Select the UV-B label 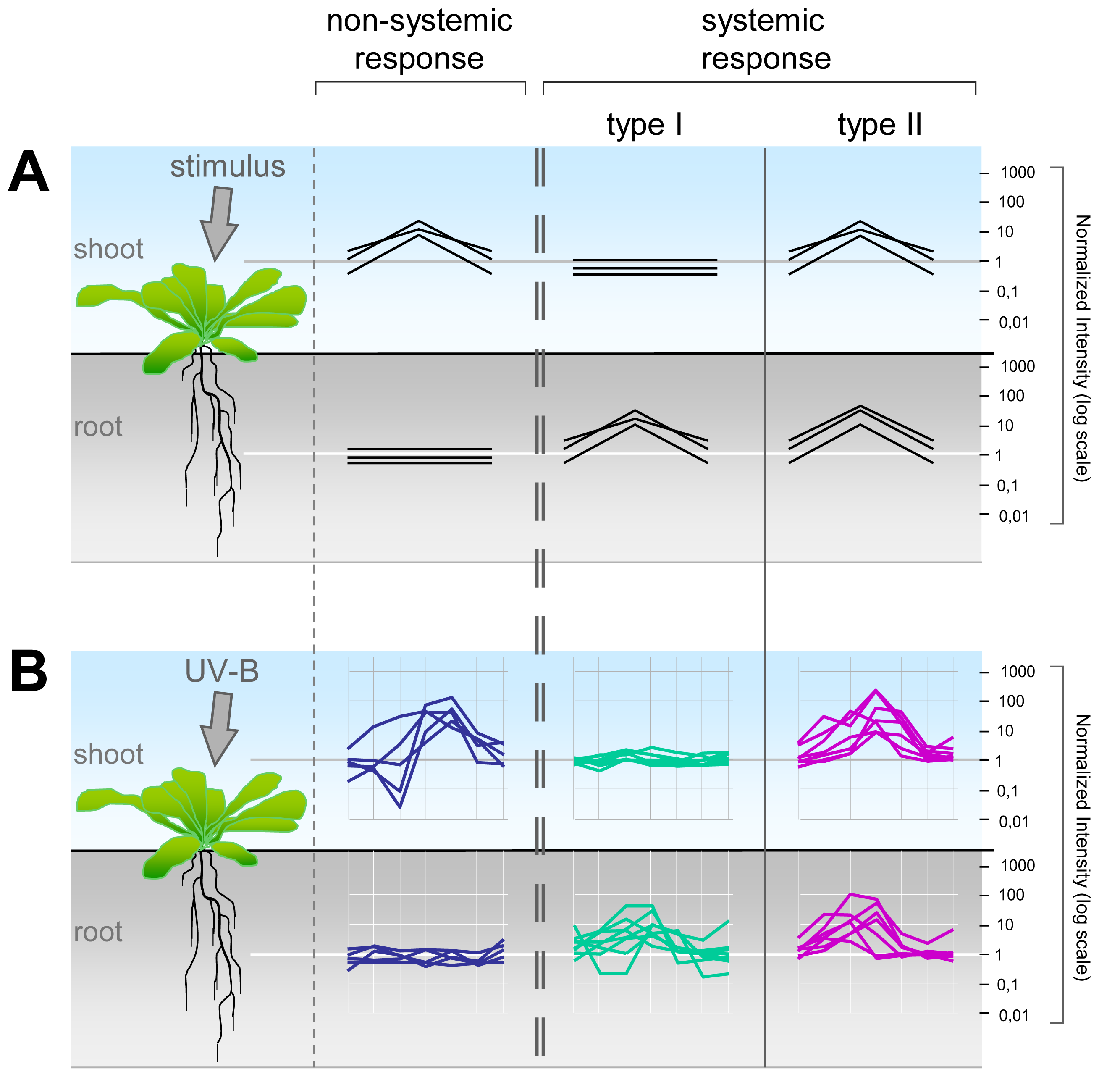(x=222, y=671)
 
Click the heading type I (x=644, y=125)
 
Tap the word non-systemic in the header (x=419, y=21)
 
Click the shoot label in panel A (x=109, y=249)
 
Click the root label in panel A (x=98, y=427)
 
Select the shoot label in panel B (x=109, y=754)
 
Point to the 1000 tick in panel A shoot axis (x=1017, y=173)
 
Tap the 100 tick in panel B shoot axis (x=1011, y=701)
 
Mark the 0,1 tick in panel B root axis (x=1007, y=985)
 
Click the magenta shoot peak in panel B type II (x=876, y=691)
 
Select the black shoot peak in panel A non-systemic (x=419, y=221)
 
